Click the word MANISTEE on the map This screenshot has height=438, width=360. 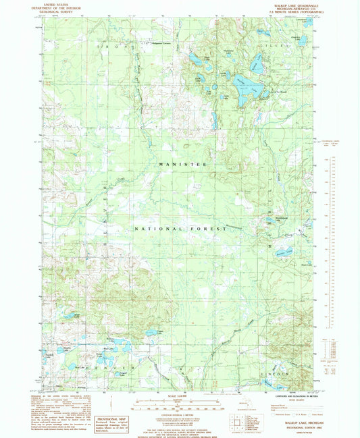click(181, 164)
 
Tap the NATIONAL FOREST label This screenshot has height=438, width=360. click(181, 229)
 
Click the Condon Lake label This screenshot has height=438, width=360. click(159, 331)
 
